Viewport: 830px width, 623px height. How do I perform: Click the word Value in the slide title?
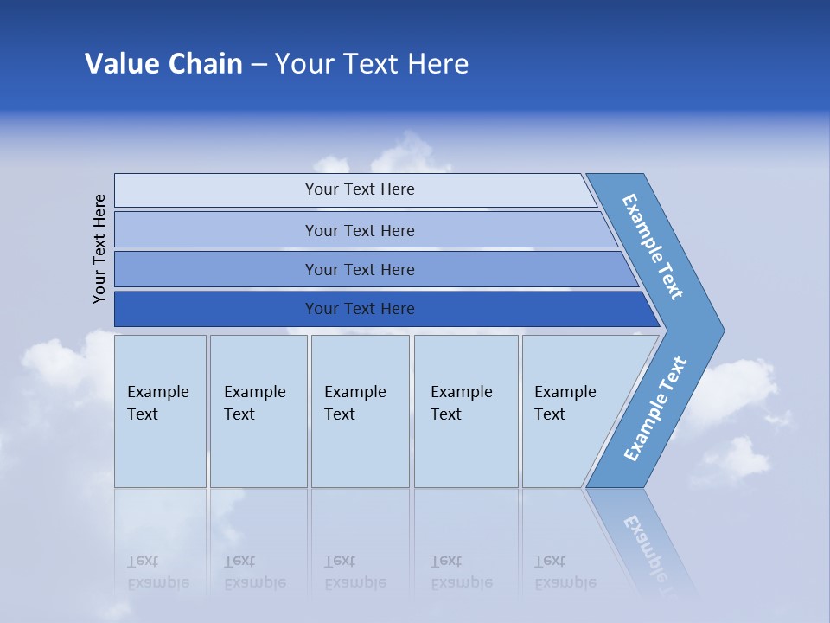pyautogui.click(x=120, y=64)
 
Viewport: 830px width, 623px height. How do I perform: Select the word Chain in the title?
pyautogui.click(x=204, y=64)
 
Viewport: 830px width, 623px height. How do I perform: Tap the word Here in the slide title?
pyautogui.click(x=437, y=64)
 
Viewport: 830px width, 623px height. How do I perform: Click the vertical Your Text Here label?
pyautogui.click(x=99, y=248)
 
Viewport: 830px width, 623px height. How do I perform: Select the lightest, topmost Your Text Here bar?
pyautogui.click(x=359, y=189)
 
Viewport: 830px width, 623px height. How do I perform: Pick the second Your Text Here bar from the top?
pyautogui.click(x=359, y=230)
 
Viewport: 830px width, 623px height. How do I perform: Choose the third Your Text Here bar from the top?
pyautogui.click(x=359, y=269)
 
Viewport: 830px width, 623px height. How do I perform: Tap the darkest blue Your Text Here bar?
pyautogui.click(x=359, y=309)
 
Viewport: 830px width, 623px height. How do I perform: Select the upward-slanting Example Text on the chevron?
pyautogui.click(x=655, y=409)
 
